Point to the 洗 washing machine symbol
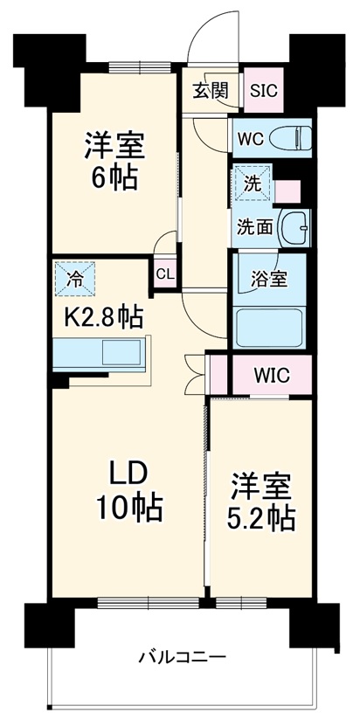click(x=252, y=184)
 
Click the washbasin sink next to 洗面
click(x=295, y=225)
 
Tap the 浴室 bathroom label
click(x=267, y=280)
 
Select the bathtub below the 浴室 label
click(x=270, y=328)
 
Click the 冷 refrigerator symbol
click(x=76, y=280)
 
